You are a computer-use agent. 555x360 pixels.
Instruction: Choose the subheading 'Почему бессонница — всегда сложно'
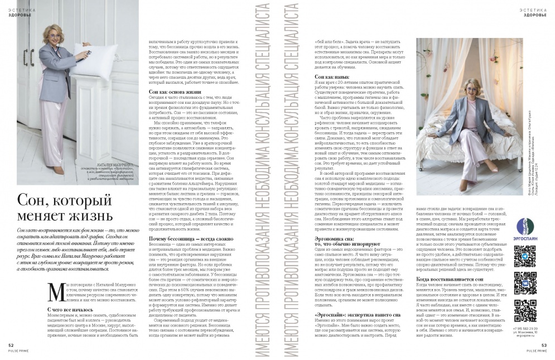[188, 239]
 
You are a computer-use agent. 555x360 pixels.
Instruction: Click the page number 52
[12, 345]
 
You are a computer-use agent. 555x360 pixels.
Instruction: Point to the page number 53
[544, 345]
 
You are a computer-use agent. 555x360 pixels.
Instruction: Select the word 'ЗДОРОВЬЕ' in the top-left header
[20, 15]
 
